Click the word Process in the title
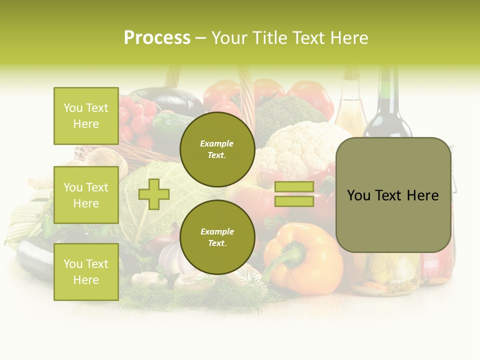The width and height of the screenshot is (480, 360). click(157, 38)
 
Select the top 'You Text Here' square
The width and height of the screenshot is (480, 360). click(86, 116)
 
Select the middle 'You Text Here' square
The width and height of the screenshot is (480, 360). click(86, 195)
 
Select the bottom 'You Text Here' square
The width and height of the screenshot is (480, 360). click(86, 271)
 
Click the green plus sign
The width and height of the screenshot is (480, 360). click(154, 194)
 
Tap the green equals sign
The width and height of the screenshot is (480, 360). click(294, 194)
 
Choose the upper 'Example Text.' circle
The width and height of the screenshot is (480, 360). click(217, 149)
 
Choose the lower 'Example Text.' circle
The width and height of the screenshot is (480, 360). click(217, 237)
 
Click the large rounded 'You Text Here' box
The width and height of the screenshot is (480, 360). click(393, 195)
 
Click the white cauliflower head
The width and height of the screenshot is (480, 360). click(300, 145)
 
